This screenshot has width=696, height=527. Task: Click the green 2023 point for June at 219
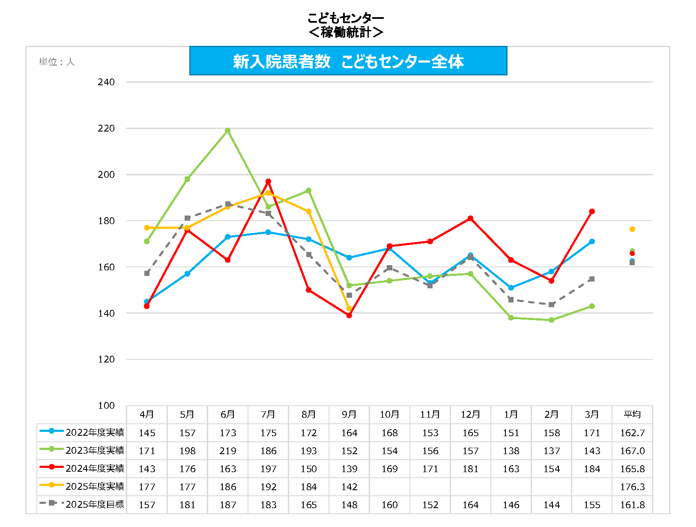pos(228,131)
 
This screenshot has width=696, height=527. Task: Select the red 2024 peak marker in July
pos(268,182)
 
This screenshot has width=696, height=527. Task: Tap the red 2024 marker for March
pos(592,212)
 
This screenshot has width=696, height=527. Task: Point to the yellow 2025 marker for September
pos(349,308)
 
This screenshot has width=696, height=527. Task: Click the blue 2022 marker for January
pos(511,288)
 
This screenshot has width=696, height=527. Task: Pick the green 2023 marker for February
pos(552,320)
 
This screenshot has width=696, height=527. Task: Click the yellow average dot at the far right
pos(632,229)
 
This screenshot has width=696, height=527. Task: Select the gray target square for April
pos(147,273)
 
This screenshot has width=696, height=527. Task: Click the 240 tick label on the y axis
pos(106,82)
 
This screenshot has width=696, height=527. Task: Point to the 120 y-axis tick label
pos(106,359)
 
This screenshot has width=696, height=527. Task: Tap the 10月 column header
pos(389,414)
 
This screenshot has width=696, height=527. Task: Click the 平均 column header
pos(632,414)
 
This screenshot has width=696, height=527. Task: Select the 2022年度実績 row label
pos(95,432)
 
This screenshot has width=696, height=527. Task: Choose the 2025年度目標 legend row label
pos(95,504)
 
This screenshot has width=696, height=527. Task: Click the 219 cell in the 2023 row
pos(228,451)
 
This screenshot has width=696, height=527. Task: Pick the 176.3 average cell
pos(632,487)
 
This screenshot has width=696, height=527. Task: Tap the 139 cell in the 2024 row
pos(349,469)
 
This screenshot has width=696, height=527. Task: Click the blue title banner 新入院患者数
pos(348,61)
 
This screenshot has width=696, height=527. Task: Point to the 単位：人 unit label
pos(57,62)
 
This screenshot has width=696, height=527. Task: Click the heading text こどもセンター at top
pos(345,18)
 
